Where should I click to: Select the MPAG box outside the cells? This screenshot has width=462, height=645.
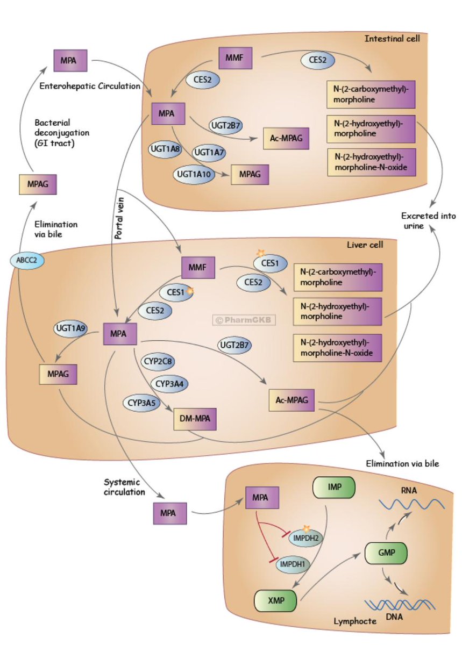[38, 184]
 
